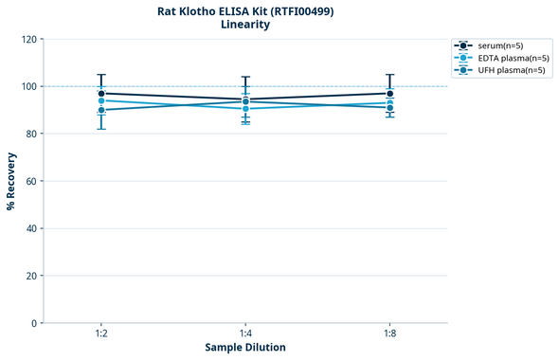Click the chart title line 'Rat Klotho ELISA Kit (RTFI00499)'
tap(245, 11)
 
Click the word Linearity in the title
tap(245, 26)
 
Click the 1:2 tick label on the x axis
tap(101, 334)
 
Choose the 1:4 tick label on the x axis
tap(245, 334)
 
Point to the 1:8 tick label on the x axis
tap(389, 334)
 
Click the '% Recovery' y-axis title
tap(11, 181)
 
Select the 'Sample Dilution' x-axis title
tap(245, 348)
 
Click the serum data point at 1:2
tap(101, 94)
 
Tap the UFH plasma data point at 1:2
tap(101, 110)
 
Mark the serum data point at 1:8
tap(389, 94)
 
